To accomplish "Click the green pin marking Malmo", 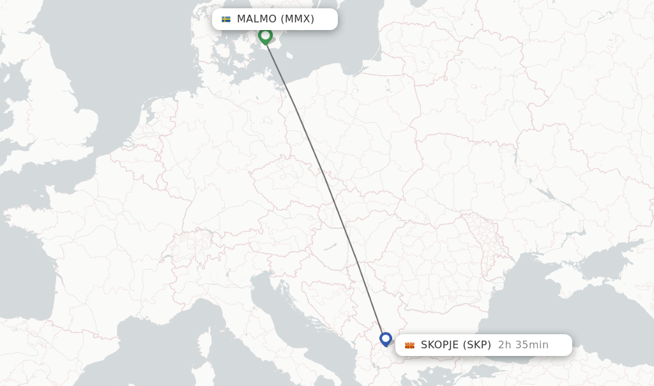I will point(265,35).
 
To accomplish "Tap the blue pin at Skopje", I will point(385,338).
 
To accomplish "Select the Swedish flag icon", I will point(226,19).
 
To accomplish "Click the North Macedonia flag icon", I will point(409,345).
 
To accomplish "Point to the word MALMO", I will point(257,19).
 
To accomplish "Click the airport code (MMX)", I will point(298,19).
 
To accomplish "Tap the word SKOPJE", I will point(439,345).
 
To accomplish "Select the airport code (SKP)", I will point(476,345).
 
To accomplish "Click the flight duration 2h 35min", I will point(523,345).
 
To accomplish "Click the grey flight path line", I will point(326,185).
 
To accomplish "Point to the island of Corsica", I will point(206,342).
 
